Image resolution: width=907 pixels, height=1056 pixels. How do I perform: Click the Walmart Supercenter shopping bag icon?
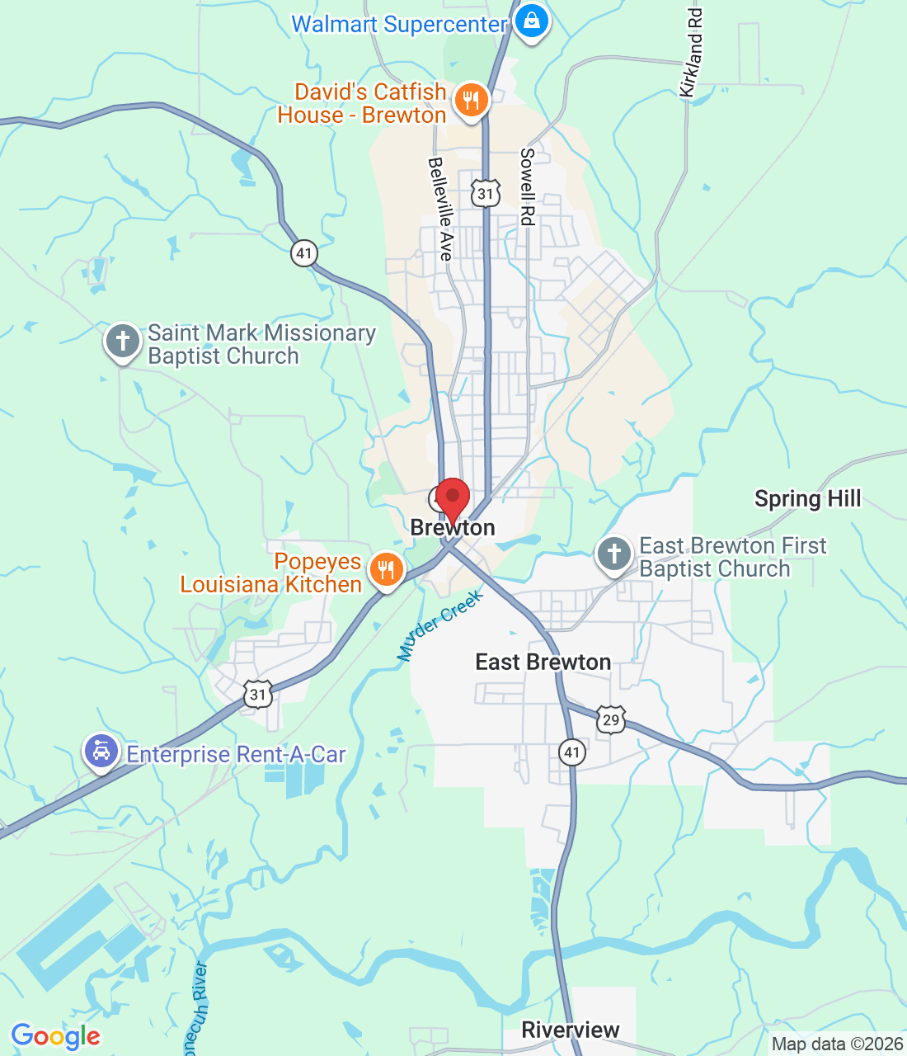point(532,21)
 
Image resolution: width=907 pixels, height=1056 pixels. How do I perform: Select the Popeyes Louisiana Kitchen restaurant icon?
point(385,569)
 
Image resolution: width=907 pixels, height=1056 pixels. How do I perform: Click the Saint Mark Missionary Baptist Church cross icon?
point(123,341)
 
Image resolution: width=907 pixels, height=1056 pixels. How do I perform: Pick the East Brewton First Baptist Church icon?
point(614,554)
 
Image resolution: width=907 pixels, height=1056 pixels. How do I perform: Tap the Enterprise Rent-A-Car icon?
point(101,752)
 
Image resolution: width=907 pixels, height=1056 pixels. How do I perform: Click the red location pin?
point(452,498)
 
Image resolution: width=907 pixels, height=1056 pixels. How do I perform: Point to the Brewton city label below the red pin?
point(453,528)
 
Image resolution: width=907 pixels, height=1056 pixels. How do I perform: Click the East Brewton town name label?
point(543,662)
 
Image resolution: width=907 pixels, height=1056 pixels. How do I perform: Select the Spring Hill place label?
point(807,499)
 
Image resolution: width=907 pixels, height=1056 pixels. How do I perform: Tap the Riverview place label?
point(571,1030)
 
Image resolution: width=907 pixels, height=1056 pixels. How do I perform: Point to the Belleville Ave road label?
point(441,210)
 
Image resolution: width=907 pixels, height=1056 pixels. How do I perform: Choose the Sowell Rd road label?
point(527,187)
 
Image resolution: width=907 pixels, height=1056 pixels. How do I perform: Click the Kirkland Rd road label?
point(693,54)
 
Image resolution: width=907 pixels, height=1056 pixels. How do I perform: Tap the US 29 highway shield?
point(610,719)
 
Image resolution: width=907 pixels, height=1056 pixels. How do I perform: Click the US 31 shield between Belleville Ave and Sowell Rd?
point(486,194)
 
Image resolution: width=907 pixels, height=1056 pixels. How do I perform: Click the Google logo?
point(55,1036)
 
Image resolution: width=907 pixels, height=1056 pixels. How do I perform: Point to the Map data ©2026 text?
point(837,1044)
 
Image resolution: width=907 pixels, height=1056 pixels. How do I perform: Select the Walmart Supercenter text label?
point(399,25)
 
